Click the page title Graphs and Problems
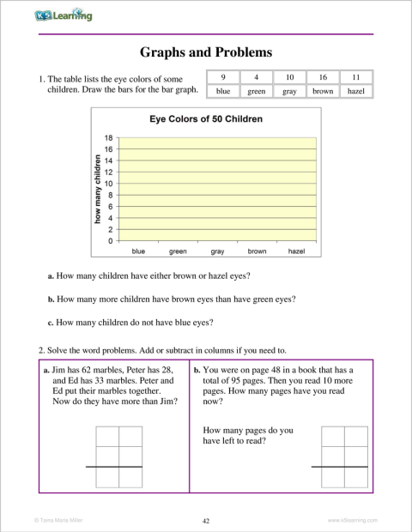[206, 52]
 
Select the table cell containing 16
[322, 76]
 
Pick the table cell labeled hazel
[355, 89]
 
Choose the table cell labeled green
[256, 89]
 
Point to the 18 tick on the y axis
[108, 137]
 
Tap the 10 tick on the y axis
[108, 184]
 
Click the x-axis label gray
[217, 251]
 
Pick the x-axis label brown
[257, 251]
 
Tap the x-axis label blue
[138, 251]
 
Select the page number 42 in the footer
[206, 520]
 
